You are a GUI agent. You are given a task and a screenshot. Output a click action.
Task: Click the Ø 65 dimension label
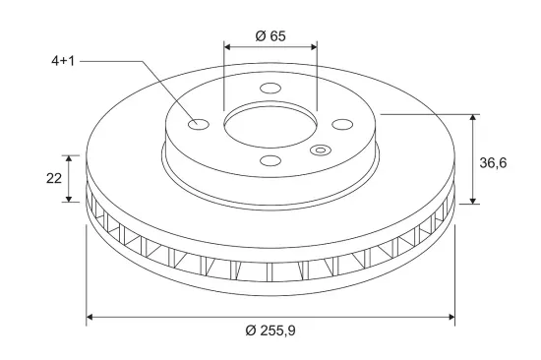pyautogui.click(x=270, y=35)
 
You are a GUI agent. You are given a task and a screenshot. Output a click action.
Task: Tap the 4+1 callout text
pyautogui.click(x=63, y=61)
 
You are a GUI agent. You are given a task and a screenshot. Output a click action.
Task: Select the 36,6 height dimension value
pyautogui.click(x=493, y=162)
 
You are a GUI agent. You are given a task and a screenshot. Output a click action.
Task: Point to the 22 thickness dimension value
pyautogui.click(x=54, y=178)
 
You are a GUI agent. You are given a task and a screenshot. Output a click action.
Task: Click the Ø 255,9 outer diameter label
pyautogui.click(x=270, y=330)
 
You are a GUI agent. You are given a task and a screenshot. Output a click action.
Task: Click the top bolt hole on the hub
pyautogui.click(x=270, y=88)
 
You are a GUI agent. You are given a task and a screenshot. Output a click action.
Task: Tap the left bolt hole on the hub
pyautogui.click(x=199, y=124)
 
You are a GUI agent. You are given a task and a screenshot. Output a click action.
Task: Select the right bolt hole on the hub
pyautogui.click(x=342, y=124)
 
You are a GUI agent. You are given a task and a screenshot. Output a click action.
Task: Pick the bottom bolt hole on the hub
pyautogui.click(x=270, y=160)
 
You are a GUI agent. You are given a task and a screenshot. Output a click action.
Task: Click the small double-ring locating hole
pyautogui.click(x=321, y=150)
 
